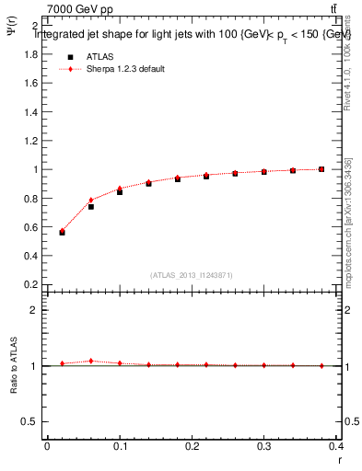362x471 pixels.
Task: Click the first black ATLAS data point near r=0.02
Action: point(62,232)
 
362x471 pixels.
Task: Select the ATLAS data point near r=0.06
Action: point(91,207)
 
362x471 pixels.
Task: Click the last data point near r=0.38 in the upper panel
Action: point(321,169)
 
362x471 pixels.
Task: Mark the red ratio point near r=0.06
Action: point(91,361)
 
